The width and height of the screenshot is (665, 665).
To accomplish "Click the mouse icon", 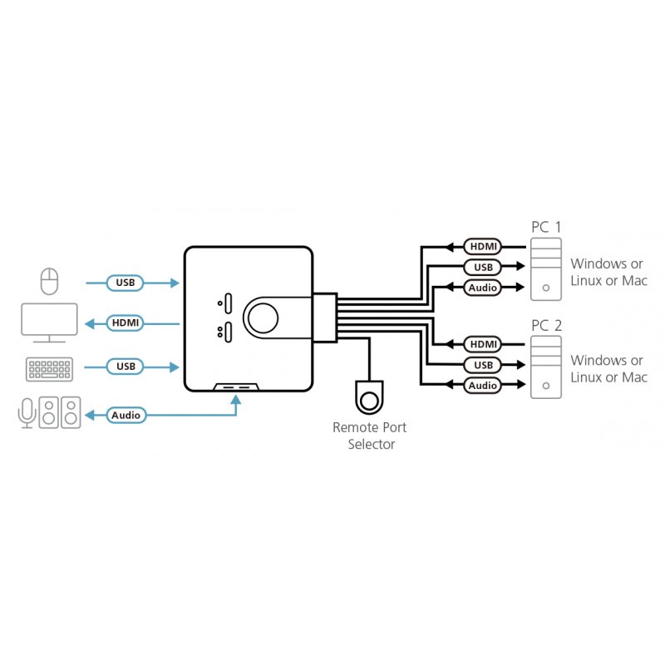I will [x=50, y=282].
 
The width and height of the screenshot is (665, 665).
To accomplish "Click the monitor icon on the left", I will [x=49, y=323].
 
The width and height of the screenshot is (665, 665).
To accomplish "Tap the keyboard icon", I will [x=50, y=368].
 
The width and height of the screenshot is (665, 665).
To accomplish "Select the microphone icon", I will [x=27, y=412].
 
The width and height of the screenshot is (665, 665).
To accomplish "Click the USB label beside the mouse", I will [x=126, y=283].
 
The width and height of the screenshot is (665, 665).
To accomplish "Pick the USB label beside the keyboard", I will [x=126, y=367].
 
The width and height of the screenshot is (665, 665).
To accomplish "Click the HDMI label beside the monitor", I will [x=126, y=323].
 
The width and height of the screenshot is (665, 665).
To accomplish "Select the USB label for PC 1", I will [x=482, y=267].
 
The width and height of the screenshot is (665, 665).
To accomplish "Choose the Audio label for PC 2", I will [x=482, y=386].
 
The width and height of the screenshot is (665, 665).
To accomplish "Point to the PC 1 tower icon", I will [x=544, y=269].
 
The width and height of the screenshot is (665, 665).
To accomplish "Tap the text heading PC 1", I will [x=546, y=227].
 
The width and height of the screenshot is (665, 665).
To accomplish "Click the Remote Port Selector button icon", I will [x=368, y=397].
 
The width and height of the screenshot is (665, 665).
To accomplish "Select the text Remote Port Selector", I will [x=369, y=436].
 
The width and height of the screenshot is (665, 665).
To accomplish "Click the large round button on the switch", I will [x=263, y=317].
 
